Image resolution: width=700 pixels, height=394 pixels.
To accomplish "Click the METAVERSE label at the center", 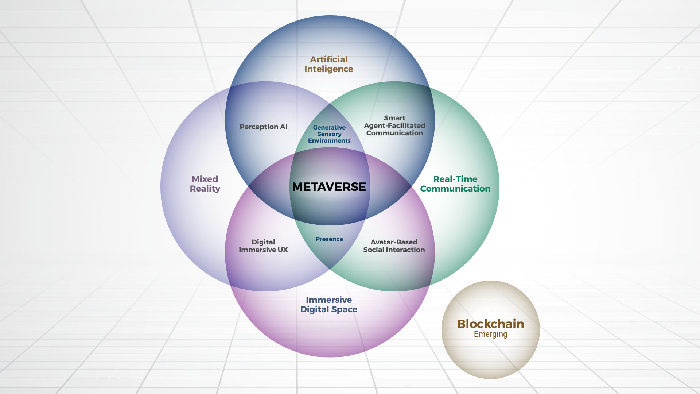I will tap(329, 187).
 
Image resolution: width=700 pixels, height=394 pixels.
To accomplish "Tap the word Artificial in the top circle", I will tap(329, 59).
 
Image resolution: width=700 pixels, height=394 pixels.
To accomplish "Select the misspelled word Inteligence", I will tap(329, 69).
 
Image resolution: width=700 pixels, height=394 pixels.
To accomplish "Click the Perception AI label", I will tap(264, 127).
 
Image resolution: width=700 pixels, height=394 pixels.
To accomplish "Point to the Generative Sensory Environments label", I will tap(329, 134).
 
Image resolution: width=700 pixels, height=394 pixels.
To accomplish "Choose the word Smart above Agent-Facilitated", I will tap(394, 118).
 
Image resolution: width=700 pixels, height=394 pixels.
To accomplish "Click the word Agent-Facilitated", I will tap(394, 126).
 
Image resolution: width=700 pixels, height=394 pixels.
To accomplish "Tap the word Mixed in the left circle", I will tap(205, 179).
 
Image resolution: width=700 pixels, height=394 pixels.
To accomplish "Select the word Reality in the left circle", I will tap(205, 189).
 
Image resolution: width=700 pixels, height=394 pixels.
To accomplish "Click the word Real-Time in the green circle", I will tap(455, 179).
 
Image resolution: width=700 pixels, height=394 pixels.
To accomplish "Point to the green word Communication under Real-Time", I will tap(455, 189).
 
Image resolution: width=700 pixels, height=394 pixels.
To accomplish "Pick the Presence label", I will tap(329, 239).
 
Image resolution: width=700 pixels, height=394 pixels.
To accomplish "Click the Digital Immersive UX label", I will tap(263, 246).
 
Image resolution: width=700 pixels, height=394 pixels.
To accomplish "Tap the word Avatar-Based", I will tap(394, 242).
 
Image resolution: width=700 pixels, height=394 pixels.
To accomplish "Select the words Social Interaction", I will tap(394, 250).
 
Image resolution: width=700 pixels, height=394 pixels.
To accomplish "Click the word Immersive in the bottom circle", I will tap(329, 300).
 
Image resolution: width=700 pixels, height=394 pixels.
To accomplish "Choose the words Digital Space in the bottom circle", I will tap(329, 309).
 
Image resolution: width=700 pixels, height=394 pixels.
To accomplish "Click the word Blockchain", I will tap(490, 324).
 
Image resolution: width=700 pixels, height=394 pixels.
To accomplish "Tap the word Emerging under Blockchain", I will tap(490, 334).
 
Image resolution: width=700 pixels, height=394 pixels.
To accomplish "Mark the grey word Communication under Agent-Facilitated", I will tap(394, 133).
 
